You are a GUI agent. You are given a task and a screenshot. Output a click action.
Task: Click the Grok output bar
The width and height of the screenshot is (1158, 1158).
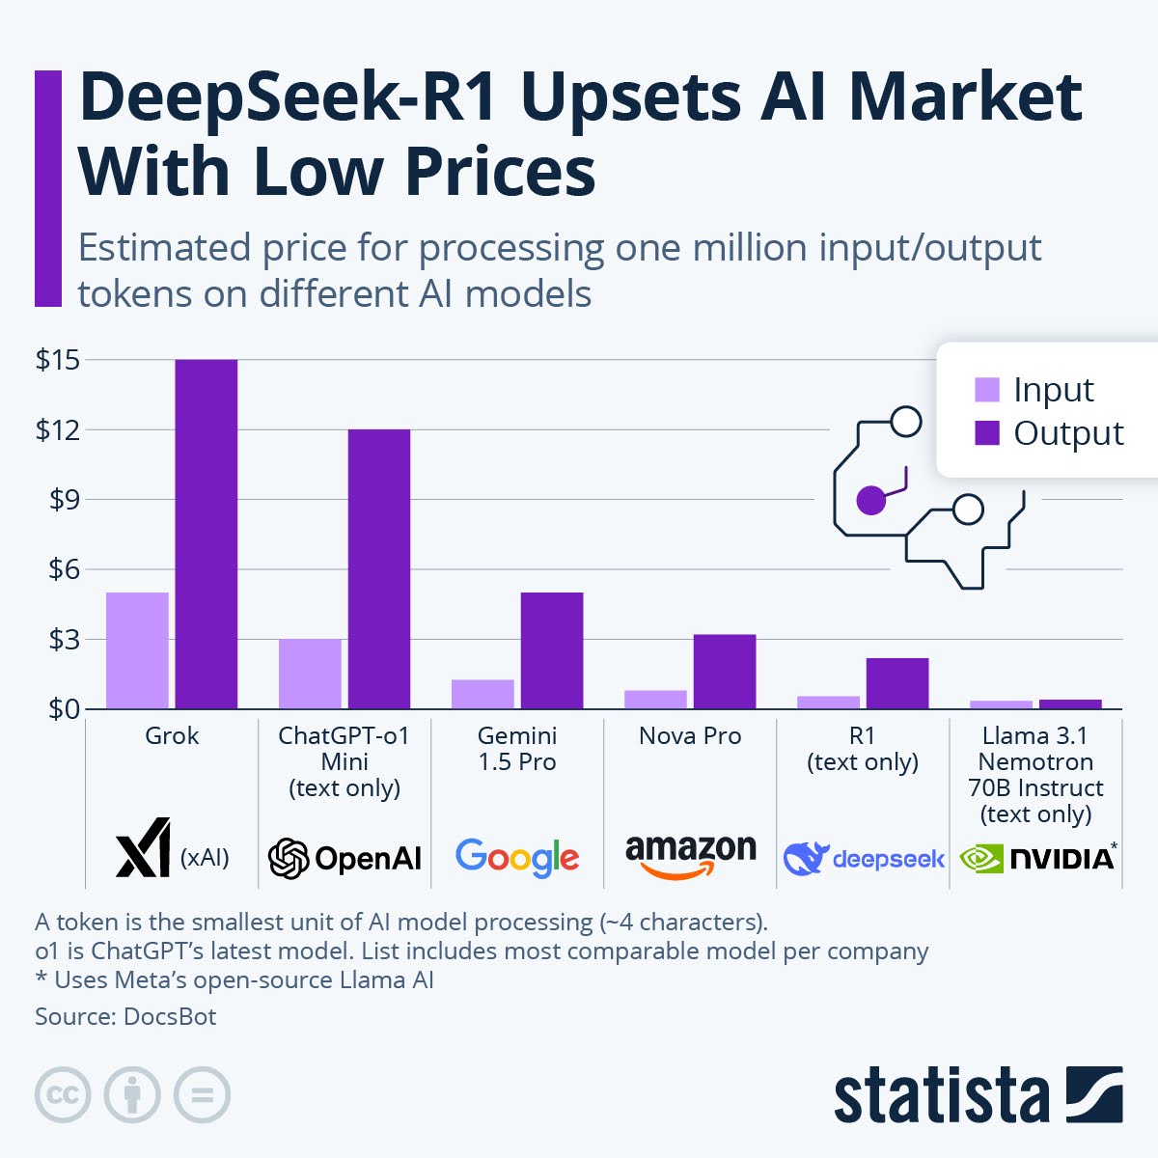click(x=206, y=535)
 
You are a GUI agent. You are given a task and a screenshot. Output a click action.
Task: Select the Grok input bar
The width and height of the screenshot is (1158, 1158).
click(x=137, y=650)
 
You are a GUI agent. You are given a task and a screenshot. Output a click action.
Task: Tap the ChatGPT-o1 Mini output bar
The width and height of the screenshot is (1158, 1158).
click(x=378, y=569)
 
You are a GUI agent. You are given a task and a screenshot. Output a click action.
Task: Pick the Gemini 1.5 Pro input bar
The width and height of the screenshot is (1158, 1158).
click(x=482, y=694)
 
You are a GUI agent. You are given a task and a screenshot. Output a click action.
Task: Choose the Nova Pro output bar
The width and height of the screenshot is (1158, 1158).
click(x=724, y=672)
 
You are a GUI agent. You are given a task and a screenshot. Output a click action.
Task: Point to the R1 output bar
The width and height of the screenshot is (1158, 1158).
click(x=896, y=683)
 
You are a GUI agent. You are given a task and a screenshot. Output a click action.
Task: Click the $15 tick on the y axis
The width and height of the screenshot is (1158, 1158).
click(x=58, y=360)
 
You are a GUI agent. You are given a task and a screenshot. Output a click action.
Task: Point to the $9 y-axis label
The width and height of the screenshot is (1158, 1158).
click(x=58, y=500)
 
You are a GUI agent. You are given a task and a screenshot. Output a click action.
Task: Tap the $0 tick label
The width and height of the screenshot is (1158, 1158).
click(x=58, y=709)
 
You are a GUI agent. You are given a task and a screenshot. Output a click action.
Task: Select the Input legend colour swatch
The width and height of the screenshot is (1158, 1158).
click(x=987, y=390)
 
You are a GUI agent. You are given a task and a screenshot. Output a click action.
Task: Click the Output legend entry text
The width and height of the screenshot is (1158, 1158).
click(x=1068, y=433)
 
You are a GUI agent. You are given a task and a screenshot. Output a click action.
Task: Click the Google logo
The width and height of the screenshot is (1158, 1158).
click(x=517, y=857)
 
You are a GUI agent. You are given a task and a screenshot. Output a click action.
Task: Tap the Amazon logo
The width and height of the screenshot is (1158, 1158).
click(x=690, y=855)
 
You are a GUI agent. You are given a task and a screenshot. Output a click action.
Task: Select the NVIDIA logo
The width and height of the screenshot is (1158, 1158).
click(x=1037, y=857)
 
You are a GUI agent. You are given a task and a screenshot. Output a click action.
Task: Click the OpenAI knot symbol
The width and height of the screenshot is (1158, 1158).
click(x=289, y=858)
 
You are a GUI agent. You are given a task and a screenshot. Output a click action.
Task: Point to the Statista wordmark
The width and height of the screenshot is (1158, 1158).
click(x=941, y=1096)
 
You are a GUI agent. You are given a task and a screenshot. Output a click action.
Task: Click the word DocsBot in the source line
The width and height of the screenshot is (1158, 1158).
click(x=170, y=1016)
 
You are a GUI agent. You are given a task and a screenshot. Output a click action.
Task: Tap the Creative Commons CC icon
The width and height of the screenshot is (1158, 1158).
click(x=63, y=1095)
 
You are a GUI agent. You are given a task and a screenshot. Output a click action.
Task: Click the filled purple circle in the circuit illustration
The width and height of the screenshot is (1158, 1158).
click(x=870, y=500)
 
